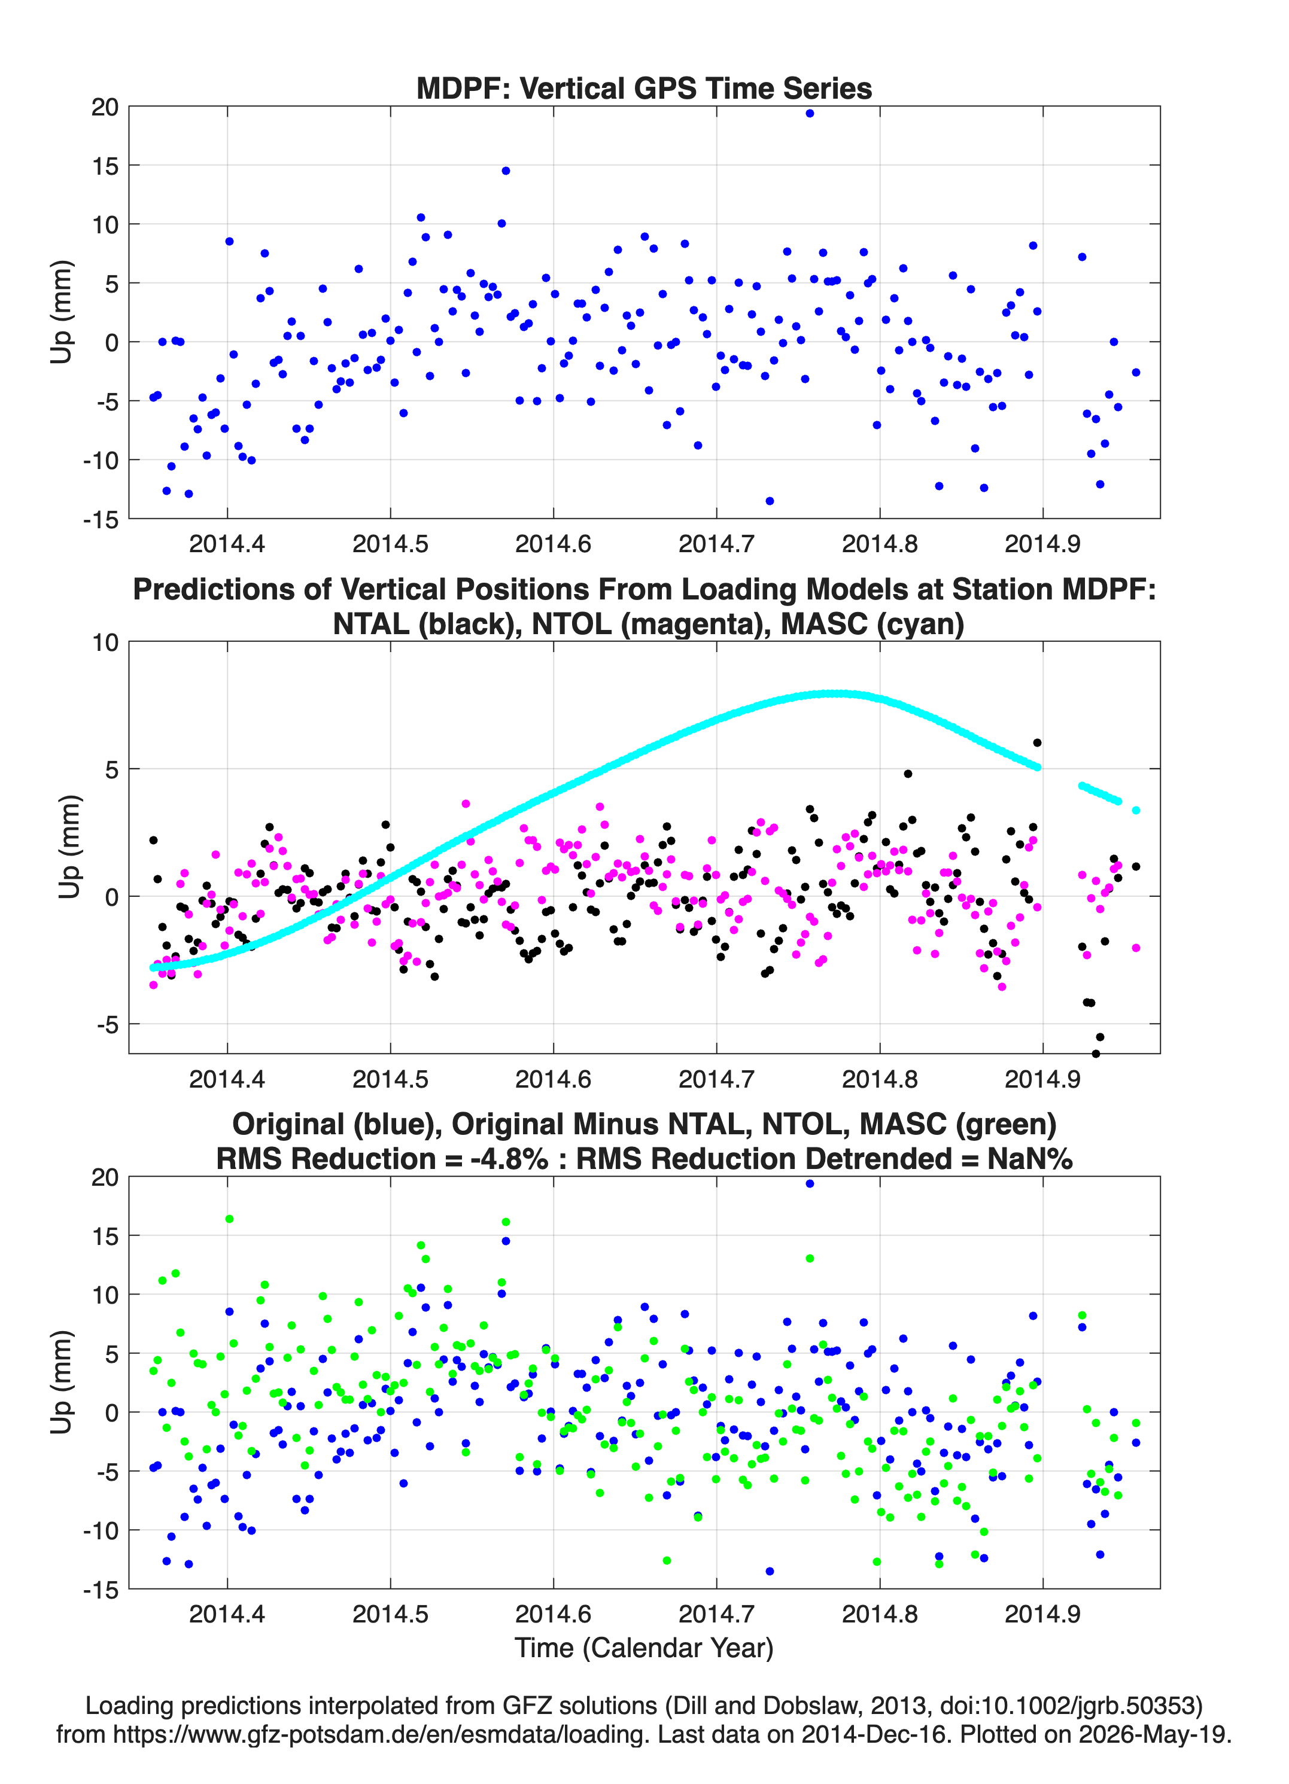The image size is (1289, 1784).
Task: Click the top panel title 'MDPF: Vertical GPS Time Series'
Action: [x=644, y=88]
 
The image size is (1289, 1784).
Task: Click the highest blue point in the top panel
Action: [x=810, y=113]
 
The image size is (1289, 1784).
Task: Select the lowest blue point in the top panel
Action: [x=770, y=501]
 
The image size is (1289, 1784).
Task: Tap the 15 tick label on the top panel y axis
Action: [x=105, y=165]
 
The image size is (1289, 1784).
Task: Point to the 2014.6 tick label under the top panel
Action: [x=553, y=544]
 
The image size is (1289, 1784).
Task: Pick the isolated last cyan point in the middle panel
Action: [x=1136, y=810]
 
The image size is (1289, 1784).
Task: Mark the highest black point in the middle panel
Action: [x=1037, y=742]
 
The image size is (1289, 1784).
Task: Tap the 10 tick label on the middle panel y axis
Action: [x=105, y=643]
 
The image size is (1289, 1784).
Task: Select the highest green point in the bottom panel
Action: [x=229, y=1219]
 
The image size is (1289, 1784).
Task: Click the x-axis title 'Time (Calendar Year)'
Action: [x=644, y=1647]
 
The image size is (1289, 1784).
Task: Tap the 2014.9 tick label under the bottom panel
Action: [x=1042, y=1613]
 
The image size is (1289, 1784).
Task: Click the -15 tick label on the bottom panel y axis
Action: [x=100, y=1590]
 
